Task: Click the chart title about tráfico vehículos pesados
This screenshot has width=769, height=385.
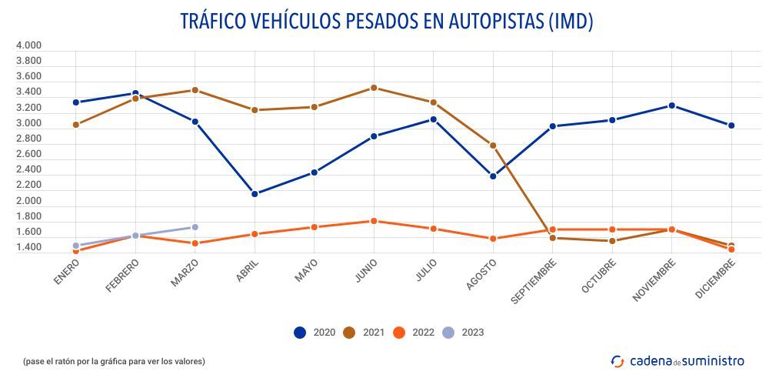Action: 386,22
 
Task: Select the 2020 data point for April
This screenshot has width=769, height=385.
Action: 255,194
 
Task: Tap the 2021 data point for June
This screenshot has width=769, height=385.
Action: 374,88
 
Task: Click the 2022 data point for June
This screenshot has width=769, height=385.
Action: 374,221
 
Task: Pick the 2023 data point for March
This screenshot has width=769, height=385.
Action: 195,227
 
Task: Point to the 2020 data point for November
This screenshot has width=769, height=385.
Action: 671,105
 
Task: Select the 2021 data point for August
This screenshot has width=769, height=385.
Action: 493,146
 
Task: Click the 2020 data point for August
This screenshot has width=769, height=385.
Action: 493,176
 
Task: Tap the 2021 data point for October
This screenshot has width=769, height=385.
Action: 612,241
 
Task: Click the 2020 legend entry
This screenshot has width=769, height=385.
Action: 315,333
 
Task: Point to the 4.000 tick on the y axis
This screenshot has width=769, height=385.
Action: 28,46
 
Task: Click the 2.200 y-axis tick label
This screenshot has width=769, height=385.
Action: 28,186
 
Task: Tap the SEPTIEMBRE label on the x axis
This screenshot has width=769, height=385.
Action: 532,281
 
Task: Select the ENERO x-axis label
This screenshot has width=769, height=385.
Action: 68,271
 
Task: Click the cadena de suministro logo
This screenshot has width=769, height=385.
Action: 677,360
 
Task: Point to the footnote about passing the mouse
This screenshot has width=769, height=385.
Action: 114,361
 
